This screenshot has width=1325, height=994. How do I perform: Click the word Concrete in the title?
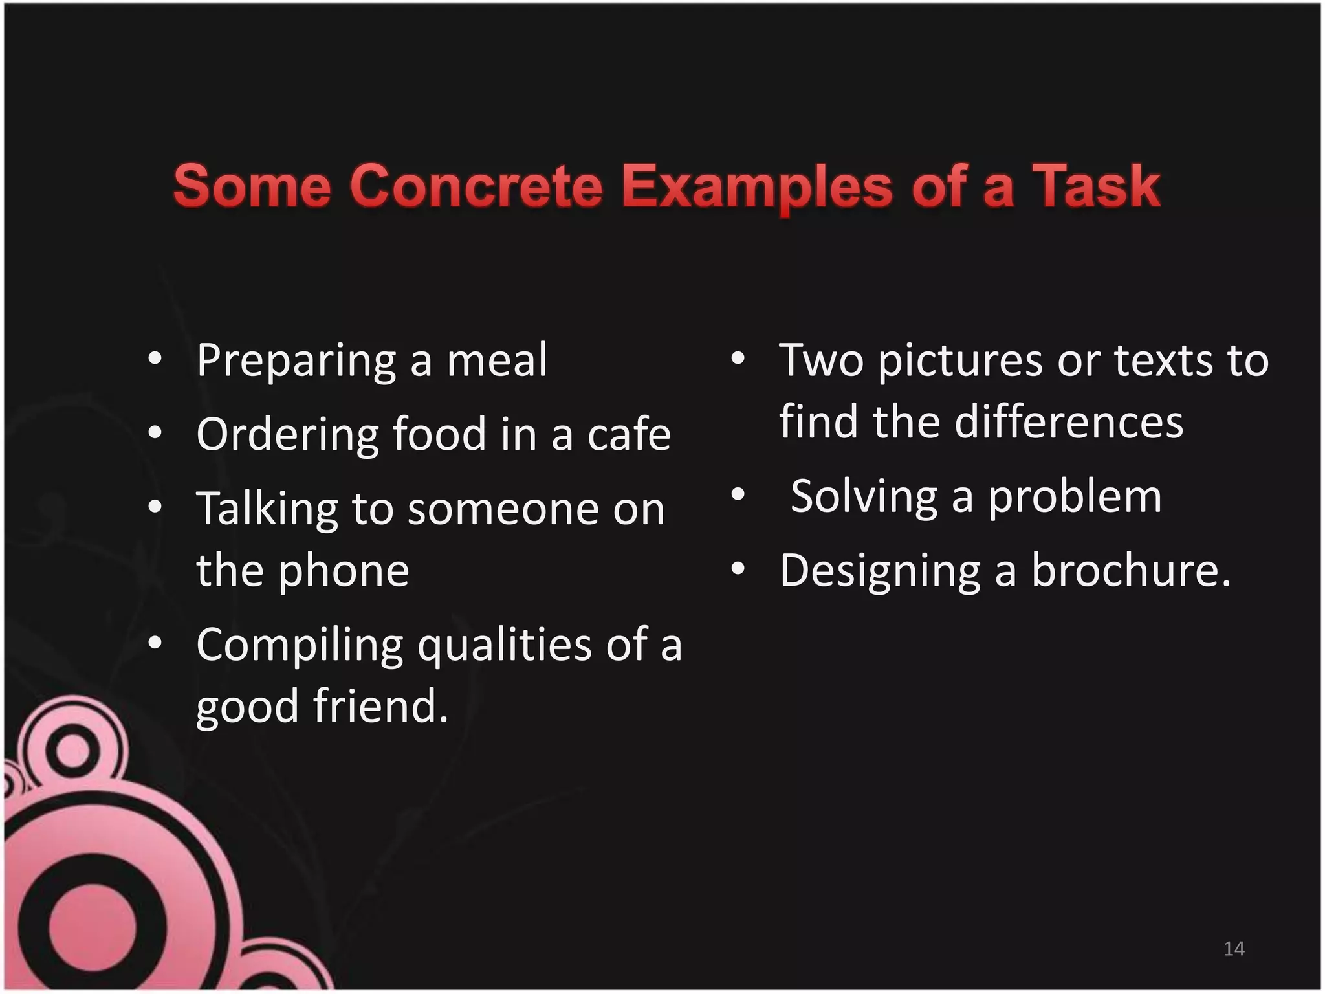[x=476, y=186]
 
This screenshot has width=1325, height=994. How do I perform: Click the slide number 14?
[x=1234, y=949]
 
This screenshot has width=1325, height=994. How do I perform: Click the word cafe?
[x=629, y=434]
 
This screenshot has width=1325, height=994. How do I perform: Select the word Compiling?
[x=300, y=646]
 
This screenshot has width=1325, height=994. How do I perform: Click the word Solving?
[x=864, y=497]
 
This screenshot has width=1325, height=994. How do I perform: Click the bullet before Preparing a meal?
[x=154, y=358]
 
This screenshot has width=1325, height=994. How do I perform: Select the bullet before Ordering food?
[x=154, y=432]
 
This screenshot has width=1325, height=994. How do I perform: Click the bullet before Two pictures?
[x=738, y=358]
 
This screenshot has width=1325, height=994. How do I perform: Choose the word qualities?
[x=505, y=646]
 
